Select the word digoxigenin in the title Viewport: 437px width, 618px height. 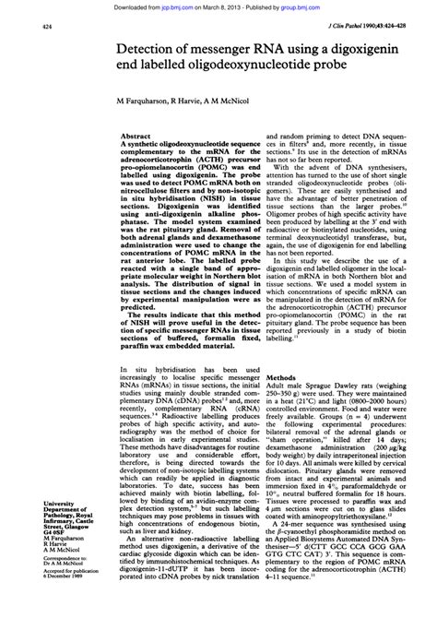pyautogui.click(x=370, y=50)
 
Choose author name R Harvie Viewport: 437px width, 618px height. pyautogui.click(x=197, y=99)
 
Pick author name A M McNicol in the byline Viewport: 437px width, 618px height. pyautogui.click(x=244, y=99)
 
